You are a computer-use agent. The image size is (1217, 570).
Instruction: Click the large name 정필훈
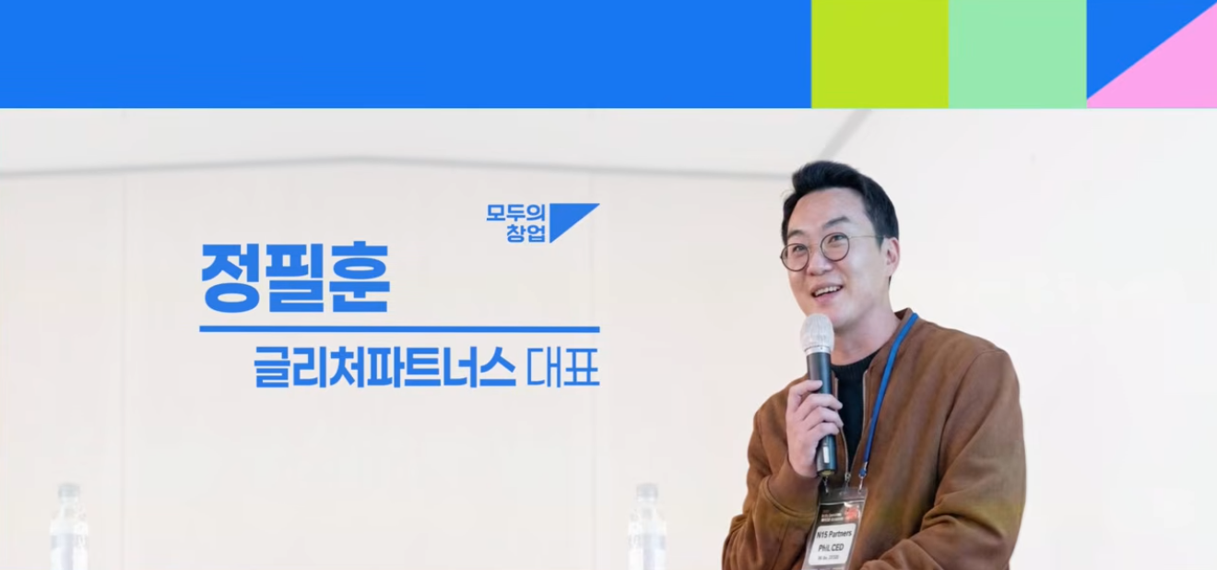coord(295,278)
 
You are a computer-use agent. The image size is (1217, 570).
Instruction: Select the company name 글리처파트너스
coord(384,370)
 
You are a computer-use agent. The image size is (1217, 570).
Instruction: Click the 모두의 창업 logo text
coord(517,223)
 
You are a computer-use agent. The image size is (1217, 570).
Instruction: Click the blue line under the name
coord(399,328)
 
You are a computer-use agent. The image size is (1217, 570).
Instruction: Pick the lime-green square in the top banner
coord(879,53)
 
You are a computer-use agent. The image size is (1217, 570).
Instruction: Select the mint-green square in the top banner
coord(1017,53)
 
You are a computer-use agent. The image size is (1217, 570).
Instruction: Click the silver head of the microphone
coord(817,334)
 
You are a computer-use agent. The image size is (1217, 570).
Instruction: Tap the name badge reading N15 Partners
coord(835,535)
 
